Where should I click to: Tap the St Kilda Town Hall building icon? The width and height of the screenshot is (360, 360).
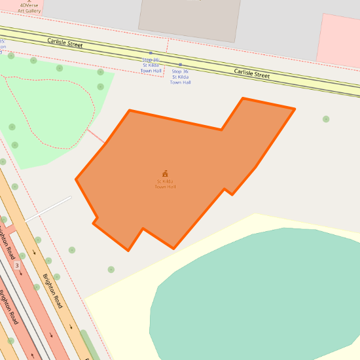[x=165, y=173]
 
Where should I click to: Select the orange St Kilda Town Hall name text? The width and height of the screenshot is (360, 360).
[x=165, y=184]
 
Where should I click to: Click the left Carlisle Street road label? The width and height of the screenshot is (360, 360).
[x=65, y=44]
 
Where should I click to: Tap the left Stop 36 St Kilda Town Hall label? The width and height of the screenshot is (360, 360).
[x=151, y=65]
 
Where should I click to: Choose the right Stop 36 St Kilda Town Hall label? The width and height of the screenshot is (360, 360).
[x=181, y=77]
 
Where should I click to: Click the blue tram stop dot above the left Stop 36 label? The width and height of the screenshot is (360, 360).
[x=151, y=53]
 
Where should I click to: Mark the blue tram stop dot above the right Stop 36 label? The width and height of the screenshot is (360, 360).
[x=181, y=65]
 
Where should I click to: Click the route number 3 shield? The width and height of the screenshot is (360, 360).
[x=17, y=265]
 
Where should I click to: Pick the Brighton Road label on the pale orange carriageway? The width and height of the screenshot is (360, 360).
[x=53, y=291]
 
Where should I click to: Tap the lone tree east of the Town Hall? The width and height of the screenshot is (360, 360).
[x=326, y=119]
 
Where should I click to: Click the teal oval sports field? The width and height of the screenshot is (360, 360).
[x=262, y=295]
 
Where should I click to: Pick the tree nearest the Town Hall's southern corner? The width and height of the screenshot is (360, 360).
[x=111, y=269]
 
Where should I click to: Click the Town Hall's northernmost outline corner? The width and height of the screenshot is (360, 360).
[x=243, y=99]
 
